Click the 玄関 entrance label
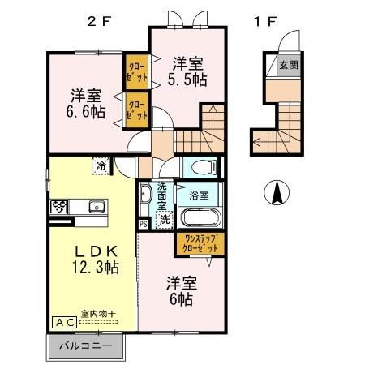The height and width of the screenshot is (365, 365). [x=289, y=65]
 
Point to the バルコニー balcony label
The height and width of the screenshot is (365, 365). [x=88, y=346]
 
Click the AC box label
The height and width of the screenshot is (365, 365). [x=65, y=322]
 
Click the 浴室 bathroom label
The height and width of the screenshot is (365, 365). [x=199, y=195]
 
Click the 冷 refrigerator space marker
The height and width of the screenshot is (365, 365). [x=101, y=165]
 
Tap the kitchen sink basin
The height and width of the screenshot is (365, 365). [x=96, y=206]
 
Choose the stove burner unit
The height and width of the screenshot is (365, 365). [x=62, y=206]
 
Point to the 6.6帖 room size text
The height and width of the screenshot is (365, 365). [x=86, y=112]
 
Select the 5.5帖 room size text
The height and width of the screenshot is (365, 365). [x=187, y=79]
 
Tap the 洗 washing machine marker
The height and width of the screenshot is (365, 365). [x=164, y=219]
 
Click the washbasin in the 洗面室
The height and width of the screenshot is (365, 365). [x=146, y=195]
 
